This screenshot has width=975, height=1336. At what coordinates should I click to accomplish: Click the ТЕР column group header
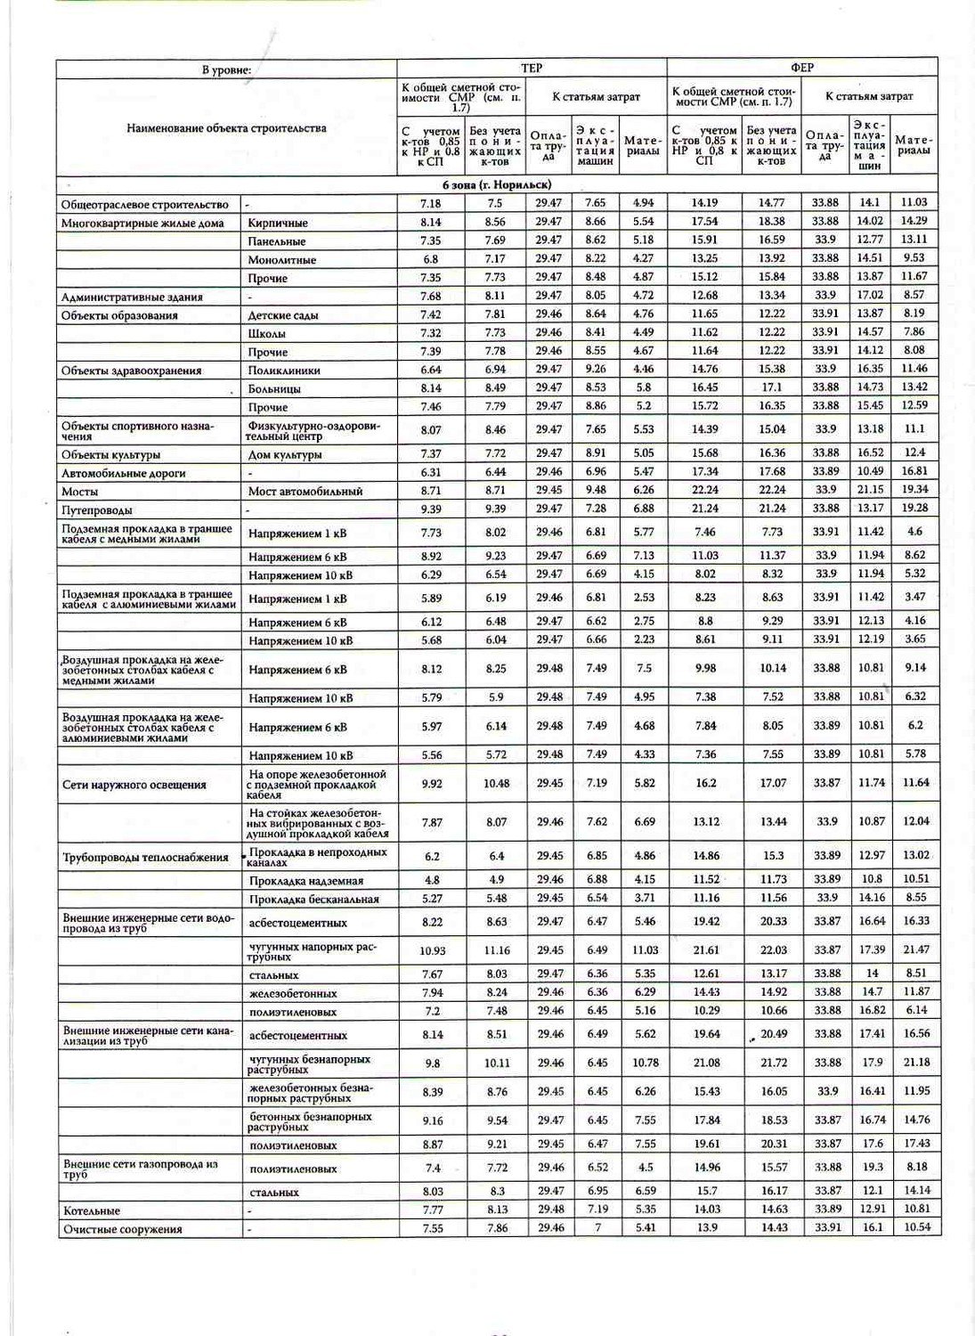coord(532,68)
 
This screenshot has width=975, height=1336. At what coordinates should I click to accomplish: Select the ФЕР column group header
coord(801,68)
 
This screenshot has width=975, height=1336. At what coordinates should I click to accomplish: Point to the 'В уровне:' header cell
coord(226,69)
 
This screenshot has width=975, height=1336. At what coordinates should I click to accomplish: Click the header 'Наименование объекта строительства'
coord(226,128)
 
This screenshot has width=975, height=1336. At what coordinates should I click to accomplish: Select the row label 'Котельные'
coord(92,1210)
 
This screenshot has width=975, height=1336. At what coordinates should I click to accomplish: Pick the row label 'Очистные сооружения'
coord(122,1229)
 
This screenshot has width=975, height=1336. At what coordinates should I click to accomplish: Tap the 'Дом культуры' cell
coord(284,454)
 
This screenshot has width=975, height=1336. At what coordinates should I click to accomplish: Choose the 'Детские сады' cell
coord(282,315)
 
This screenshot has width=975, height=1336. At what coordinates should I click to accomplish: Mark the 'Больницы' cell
coord(274,388)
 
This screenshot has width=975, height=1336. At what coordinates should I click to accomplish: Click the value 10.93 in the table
coord(432,950)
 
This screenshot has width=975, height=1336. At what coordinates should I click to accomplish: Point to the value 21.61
coord(706,949)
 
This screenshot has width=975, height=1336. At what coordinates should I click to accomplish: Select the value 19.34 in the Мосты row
coord(915,490)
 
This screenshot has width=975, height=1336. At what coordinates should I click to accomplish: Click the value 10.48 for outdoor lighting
coord(497,784)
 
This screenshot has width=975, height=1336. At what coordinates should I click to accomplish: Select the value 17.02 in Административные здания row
coord(870,295)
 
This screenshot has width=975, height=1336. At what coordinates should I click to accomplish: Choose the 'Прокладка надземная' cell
coord(305,881)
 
